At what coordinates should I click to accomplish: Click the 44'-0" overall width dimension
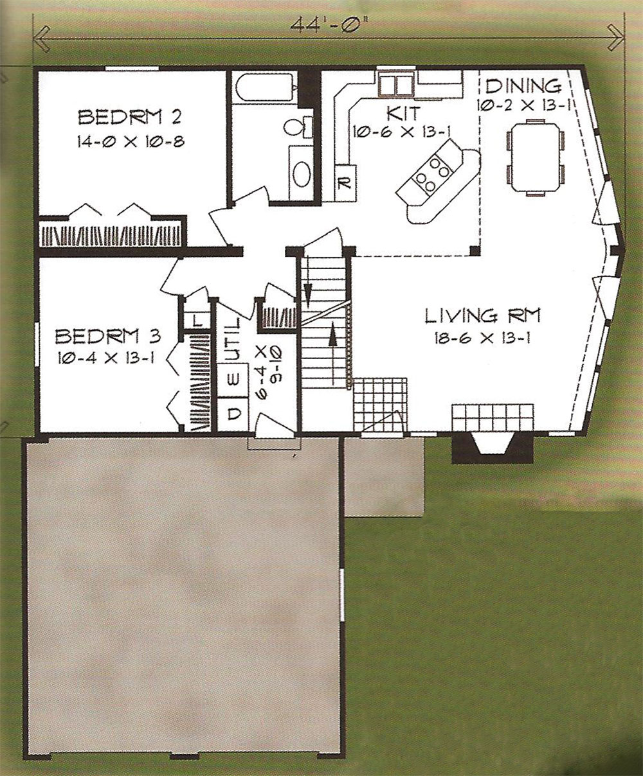click(x=329, y=26)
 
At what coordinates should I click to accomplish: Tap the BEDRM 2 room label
click(x=130, y=118)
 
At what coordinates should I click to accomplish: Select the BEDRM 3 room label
click(x=108, y=337)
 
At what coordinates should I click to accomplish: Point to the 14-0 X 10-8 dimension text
click(x=131, y=141)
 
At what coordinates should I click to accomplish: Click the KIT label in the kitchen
click(x=403, y=113)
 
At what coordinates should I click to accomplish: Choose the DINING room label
click(x=523, y=86)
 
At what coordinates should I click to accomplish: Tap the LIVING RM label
click(x=483, y=317)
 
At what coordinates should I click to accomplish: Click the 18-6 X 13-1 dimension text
click(x=482, y=338)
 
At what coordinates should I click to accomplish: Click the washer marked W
click(x=232, y=380)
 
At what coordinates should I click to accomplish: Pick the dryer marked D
click(x=232, y=414)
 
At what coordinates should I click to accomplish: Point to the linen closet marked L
click(x=197, y=320)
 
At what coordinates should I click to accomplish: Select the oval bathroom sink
click(x=302, y=174)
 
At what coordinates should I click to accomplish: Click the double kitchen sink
click(x=395, y=85)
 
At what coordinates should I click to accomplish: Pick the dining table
click(x=535, y=157)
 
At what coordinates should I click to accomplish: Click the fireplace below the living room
click(x=493, y=448)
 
